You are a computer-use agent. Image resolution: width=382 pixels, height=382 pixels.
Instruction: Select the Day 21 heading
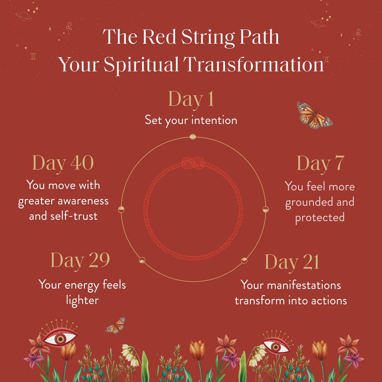point(292,262)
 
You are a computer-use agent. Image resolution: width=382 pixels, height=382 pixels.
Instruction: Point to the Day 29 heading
point(80,260)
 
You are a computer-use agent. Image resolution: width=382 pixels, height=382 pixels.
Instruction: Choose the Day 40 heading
point(63,163)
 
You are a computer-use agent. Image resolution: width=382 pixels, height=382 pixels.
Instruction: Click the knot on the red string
point(193,164)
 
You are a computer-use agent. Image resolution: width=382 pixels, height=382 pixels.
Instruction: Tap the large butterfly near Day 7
point(315,115)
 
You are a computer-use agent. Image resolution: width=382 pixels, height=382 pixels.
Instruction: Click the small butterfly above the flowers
point(115,326)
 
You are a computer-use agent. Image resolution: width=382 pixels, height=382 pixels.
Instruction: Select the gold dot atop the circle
point(193,137)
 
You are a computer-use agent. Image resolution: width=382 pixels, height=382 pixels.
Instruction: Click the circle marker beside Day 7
point(266,209)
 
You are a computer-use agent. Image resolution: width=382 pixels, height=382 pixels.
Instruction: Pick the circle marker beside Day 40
point(121,209)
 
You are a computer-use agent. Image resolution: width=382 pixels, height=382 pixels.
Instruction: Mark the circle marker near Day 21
point(244,260)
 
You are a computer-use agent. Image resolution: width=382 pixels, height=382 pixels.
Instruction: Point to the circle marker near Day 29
point(142,260)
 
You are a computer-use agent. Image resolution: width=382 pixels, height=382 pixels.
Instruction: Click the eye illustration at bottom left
point(60,338)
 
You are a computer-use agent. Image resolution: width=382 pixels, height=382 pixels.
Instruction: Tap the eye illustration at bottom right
point(276,345)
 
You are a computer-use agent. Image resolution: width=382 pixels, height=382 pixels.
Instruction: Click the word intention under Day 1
point(214,121)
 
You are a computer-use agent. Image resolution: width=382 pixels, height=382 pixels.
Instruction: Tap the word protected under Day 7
point(320,217)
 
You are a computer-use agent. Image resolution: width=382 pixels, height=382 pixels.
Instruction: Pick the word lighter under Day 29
point(82,300)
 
